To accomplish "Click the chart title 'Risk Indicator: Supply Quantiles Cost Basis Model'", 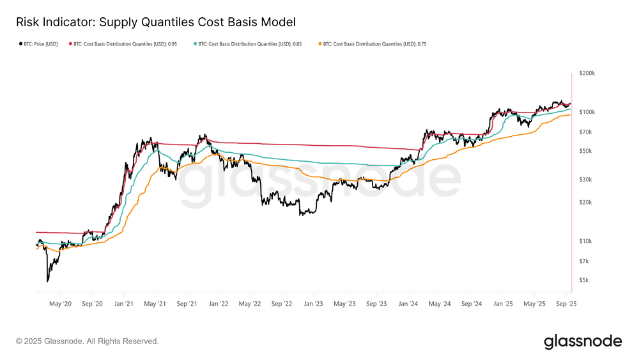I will point(156,22).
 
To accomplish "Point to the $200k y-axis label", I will point(587,74).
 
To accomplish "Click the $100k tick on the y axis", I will point(587,112).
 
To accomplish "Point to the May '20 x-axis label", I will point(60,304).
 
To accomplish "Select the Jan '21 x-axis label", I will point(124,304).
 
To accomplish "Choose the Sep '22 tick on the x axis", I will point(282,304).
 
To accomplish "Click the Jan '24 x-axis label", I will point(408,304).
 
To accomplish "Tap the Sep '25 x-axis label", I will point(566,304).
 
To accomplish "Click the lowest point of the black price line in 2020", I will point(47,281).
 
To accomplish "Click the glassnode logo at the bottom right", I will point(582,341).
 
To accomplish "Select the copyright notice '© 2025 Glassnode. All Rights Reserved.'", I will point(87,341).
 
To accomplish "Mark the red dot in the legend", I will point(70,44).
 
